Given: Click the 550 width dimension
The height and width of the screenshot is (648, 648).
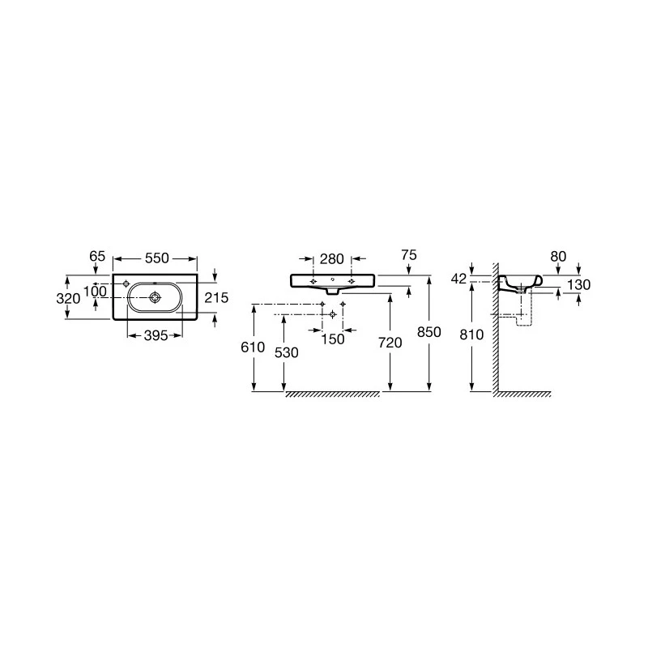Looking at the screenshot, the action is pos(157,258).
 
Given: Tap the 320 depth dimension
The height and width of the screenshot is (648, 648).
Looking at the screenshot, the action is pos(68,298).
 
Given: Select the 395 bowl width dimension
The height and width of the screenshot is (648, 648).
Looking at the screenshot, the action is pos(156,335).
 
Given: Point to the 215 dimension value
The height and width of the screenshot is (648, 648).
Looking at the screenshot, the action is pos(216,297).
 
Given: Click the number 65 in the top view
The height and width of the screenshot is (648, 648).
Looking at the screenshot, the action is pos(97,256).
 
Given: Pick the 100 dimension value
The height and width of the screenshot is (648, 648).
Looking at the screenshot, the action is pos(95,292).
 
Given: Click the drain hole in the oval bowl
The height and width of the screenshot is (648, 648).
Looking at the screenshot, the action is pos(155,296).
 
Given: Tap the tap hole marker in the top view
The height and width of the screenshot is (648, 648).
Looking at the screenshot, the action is pos(126,283).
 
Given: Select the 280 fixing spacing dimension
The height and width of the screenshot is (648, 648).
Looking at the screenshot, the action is pos(332,259).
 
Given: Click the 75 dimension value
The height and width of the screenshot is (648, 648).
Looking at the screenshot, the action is pos(409,255).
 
